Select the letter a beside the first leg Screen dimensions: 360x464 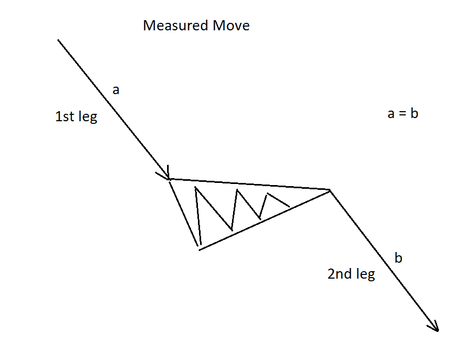(x=116, y=90)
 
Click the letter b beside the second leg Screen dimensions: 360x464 (x=399, y=258)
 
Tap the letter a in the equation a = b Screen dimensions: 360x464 (x=391, y=114)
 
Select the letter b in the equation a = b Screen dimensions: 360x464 (x=413, y=113)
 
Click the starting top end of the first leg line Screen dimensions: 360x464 (x=58, y=40)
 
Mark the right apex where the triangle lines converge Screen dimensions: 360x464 (x=330, y=189)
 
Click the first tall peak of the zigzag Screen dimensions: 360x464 (x=196, y=187)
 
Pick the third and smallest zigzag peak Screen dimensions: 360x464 (x=267, y=194)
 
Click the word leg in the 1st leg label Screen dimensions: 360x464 (x=88, y=117)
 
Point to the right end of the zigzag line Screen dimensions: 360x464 (x=289, y=206)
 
